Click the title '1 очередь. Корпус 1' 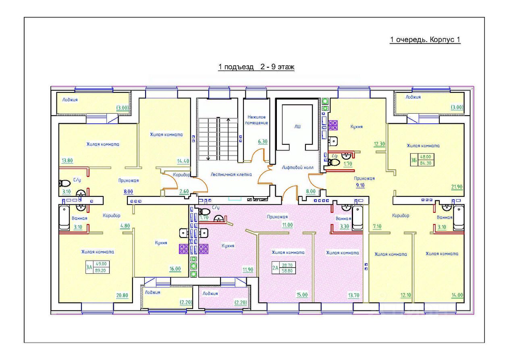click(425, 40)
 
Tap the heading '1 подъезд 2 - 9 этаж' click(256, 67)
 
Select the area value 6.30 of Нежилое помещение click(262, 142)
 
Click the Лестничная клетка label click(231, 175)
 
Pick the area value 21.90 click(457, 186)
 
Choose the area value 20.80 click(122, 295)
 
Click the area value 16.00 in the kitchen click(175, 268)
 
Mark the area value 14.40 click(183, 161)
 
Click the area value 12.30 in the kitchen click(380, 144)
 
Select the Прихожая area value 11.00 click(287, 225)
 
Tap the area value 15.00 click(301, 295)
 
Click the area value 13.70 click(353, 295)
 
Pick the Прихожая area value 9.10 click(359, 186)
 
